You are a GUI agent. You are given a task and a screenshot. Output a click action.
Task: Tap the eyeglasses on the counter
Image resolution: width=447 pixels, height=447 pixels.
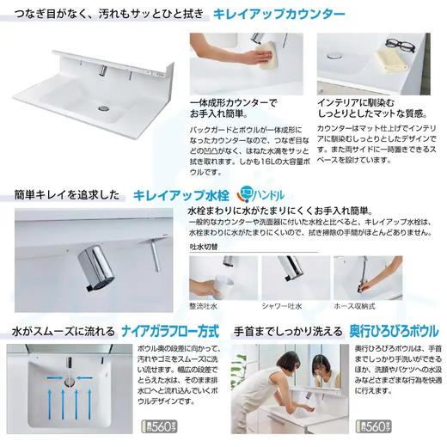(x=396, y=45)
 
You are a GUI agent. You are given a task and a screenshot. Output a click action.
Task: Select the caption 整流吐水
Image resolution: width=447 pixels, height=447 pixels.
(x=205, y=305)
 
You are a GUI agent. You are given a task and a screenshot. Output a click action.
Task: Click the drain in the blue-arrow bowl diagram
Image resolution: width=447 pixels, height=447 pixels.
(x=70, y=378)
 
